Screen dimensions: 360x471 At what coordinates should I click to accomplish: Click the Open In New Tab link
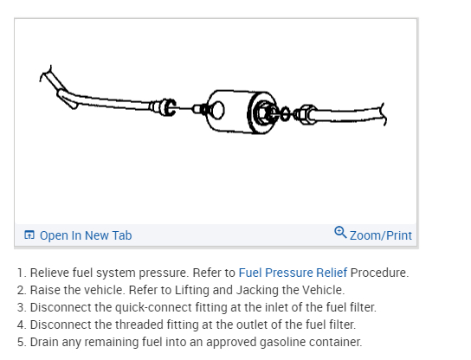pos(85,235)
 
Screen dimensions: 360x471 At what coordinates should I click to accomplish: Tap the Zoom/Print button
pos(381,235)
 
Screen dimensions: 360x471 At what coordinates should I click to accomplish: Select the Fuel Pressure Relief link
pos(293,273)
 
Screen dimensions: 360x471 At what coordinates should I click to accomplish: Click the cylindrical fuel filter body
pos(234,108)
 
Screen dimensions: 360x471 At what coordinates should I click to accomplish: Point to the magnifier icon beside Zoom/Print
pos(340,234)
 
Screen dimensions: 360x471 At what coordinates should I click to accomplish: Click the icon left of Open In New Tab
pos(29,235)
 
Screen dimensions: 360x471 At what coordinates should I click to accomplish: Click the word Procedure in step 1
pos(378,273)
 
